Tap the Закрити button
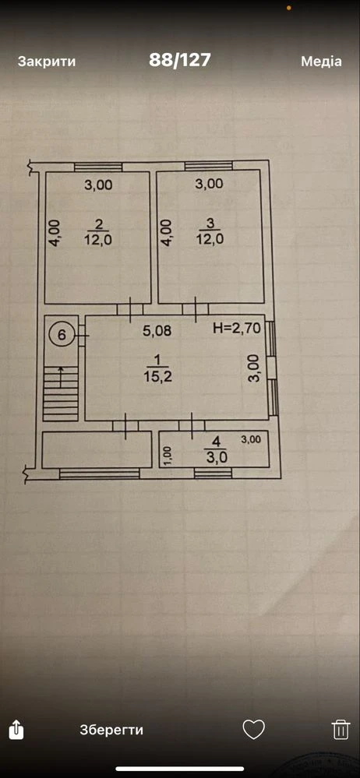(x=47, y=62)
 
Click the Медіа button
(x=321, y=62)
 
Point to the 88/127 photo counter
(x=180, y=61)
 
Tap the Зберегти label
(x=111, y=730)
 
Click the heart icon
(x=254, y=730)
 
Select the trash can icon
(x=341, y=730)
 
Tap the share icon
(x=16, y=730)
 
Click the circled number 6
(x=62, y=334)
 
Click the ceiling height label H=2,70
(x=236, y=328)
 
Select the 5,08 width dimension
(x=157, y=331)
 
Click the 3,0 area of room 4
(x=217, y=457)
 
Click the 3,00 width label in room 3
(x=209, y=184)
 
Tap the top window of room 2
(x=98, y=167)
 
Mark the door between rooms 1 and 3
(x=195, y=309)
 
